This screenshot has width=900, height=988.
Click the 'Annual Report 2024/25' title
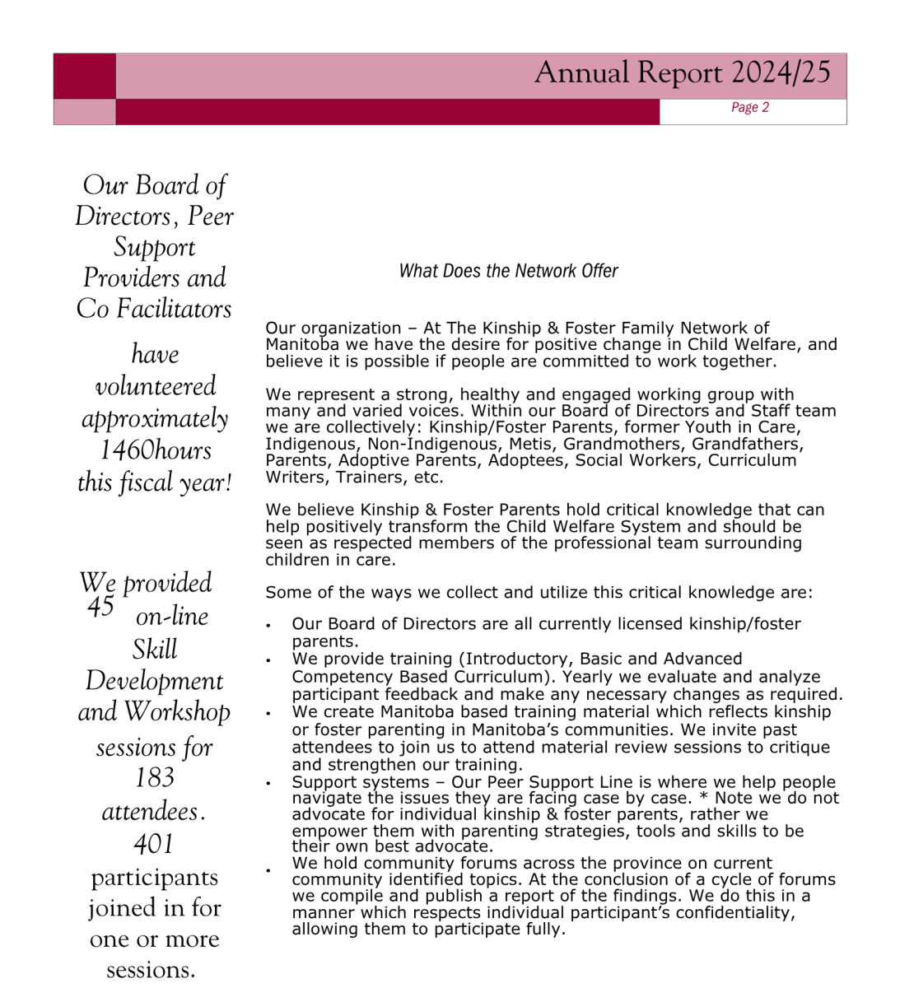tap(683, 73)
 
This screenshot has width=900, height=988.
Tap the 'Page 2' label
tap(749, 108)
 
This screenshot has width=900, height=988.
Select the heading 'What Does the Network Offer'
tap(508, 271)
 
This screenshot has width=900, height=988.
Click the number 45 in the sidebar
tap(100, 608)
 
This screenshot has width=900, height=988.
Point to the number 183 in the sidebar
tap(155, 777)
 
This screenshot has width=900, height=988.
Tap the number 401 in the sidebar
tap(154, 844)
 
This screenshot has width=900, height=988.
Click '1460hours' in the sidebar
tap(155, 450)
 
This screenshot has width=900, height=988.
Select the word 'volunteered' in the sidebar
tap(155, 386)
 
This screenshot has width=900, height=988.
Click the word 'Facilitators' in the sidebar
tap(174, 309)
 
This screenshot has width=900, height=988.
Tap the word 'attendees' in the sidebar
tap(151, 812)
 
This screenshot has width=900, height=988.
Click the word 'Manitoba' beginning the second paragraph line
tap(302, 345)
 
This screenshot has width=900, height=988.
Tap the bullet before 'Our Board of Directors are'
tap(268, 626)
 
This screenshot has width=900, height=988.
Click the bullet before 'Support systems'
tap(268, 784)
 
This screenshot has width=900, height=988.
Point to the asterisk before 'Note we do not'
tap(703, 799)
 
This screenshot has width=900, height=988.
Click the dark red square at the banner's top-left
tap(85, 77)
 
